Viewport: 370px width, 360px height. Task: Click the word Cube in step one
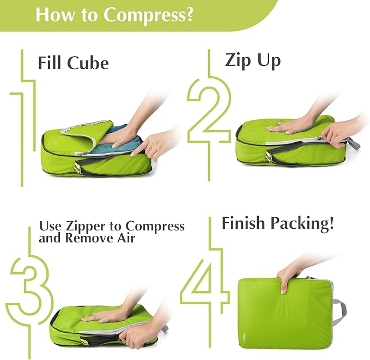click(x=88, y=63)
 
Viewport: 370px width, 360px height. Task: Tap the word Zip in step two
click(x=238, y=60)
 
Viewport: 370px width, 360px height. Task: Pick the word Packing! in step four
click(x=307, y=223)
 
